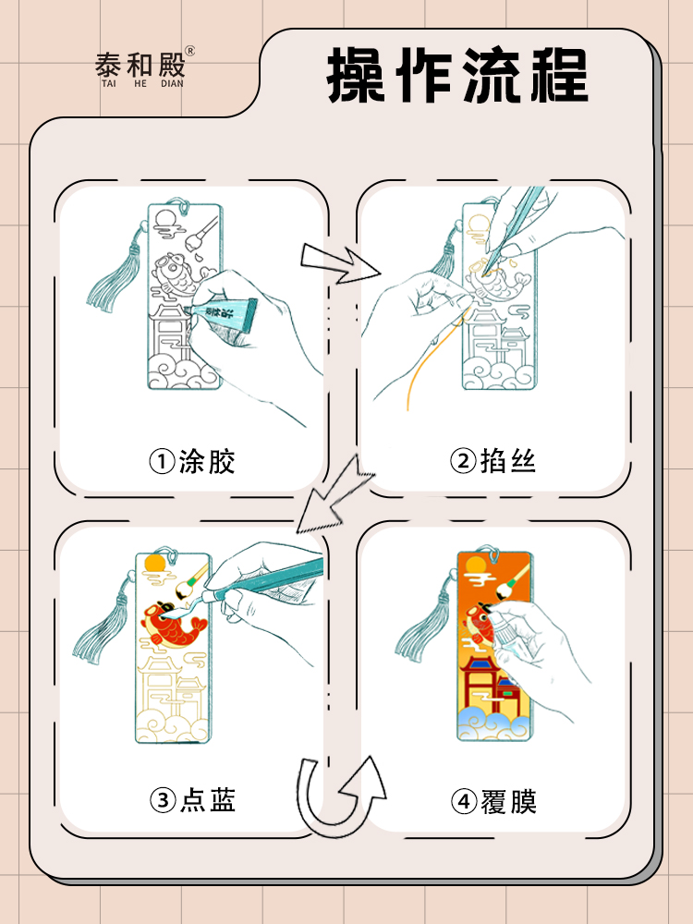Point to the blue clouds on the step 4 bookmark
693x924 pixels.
coord(494,725)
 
